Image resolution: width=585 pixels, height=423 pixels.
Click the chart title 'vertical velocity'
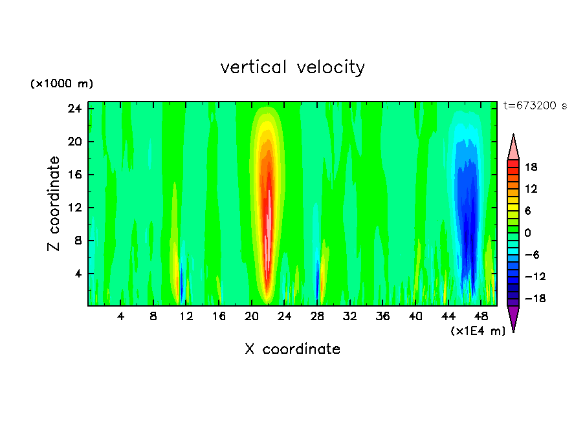tap(292, 67)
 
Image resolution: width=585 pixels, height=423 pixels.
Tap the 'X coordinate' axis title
tap(292, 349)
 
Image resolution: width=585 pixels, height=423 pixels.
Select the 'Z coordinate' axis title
tap(54, 204)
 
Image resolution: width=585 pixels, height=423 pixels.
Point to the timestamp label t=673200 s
tap(535, 106)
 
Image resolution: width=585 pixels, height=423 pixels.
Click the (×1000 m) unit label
tap(61, 84)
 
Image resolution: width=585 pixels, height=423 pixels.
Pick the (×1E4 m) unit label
tap(478, 331)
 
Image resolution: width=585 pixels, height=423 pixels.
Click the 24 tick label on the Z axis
tap(75, 109)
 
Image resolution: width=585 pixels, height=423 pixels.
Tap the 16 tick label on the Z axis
tap(75, 175)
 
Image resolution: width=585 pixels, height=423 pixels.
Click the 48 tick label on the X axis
tap(481, 317)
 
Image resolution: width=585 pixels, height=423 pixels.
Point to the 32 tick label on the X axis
tap(350, 317)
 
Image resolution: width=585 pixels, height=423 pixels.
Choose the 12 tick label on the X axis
tap(186, 317)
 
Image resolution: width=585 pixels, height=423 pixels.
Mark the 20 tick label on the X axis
tap(252, 317)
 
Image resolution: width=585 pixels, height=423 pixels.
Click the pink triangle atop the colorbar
tap(513, 147)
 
